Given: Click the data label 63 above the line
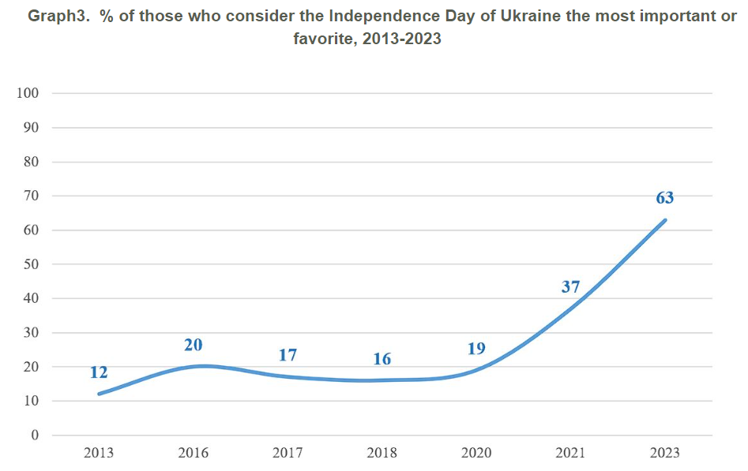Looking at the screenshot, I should click(x=664, y=197).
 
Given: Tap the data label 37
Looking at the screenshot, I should click(x=570, y=286).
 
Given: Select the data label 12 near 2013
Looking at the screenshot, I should click(x=99, y=372).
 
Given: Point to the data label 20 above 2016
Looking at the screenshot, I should click(x=193, y=345).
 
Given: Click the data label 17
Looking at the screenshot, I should click(x=288, y=355).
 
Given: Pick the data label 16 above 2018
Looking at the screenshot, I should click(x=382, y=359).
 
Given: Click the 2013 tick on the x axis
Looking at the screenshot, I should click(x=99, y=453).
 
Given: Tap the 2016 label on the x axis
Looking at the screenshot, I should click(x=193, y=453).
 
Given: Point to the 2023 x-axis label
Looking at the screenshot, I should click(x=664, y=453).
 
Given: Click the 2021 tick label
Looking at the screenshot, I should click(x=570, y=453).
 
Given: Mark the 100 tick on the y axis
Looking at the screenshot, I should click(x=27, y=93).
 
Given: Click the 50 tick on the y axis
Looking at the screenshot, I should click(x=31, y=264).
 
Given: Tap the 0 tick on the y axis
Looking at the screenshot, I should click(x=34, y=435).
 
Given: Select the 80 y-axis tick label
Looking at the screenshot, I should click(x=31, y=162).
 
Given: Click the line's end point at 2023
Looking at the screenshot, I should click(x=665, y=220).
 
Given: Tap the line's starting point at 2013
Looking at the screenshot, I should click(x=99, y=394).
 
